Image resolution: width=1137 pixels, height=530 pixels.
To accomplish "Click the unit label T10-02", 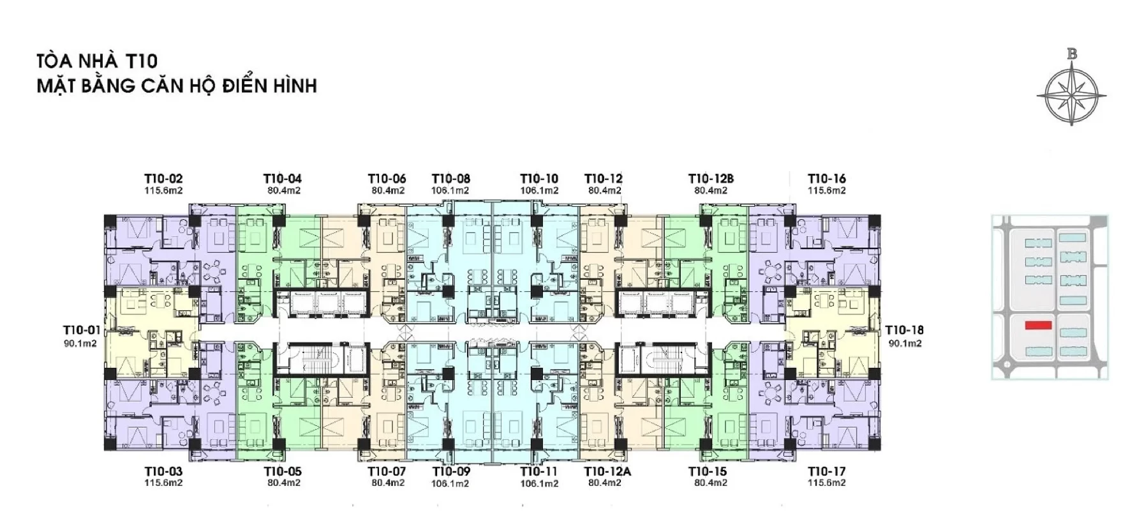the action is (163, 179).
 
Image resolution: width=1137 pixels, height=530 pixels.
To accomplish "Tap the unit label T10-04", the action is (283, 179).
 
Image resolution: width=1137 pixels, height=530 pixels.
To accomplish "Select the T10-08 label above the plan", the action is (451, 179).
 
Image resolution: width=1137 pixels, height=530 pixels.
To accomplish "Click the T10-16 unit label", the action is (827, 179).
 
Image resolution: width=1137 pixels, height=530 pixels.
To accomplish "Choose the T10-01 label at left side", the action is (82, 330).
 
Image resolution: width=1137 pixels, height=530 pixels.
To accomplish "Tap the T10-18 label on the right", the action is (904, 330).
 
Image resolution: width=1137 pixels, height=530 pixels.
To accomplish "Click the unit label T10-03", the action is (163, 472).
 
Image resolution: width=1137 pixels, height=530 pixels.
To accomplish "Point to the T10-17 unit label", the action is (827, 472).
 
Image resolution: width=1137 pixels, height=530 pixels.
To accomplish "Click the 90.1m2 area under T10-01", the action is (80, 344).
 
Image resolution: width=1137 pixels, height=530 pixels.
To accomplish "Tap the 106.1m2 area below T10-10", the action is (539, 190).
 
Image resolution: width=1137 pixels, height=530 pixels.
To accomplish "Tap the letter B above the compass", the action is (1072, 54).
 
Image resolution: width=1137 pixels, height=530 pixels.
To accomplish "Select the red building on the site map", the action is (1038, 326).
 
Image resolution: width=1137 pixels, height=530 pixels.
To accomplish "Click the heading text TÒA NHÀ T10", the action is (97, 61).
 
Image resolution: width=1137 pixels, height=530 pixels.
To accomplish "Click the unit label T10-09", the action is (451, 472).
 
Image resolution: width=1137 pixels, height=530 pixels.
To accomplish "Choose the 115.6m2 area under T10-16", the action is (827, 190).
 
